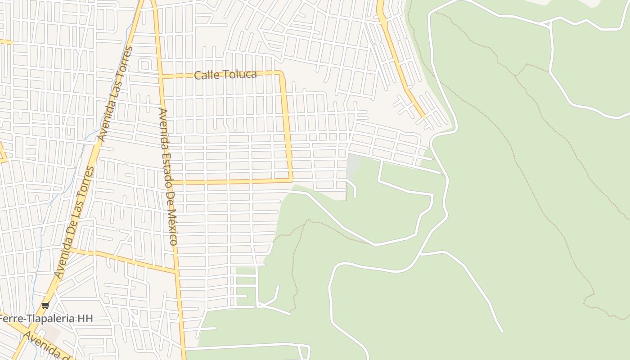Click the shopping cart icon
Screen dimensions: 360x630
(45, 306)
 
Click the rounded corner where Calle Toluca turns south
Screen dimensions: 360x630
(282, 74)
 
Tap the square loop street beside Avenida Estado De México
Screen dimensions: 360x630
(145, 66)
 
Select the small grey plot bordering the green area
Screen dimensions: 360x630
(354, 165)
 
